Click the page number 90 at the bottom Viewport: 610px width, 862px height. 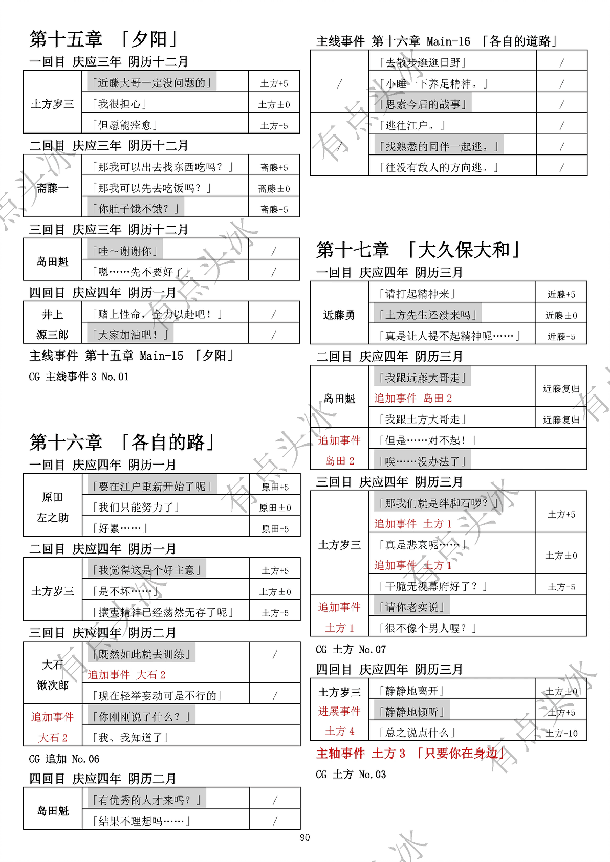pos(304,837)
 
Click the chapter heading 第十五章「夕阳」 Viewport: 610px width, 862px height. pos(104,39)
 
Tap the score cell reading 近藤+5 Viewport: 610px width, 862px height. pos(561,294)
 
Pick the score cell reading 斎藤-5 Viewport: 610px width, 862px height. pos(274,209)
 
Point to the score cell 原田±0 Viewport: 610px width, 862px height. pos(275,507)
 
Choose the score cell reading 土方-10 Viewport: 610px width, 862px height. pos(561,733)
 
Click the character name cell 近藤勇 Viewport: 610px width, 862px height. pos(339,315)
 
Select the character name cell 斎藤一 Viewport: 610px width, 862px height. pos(52,188)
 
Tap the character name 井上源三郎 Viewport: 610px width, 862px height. pos(52,324)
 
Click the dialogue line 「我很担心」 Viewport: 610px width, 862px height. pos(119,104)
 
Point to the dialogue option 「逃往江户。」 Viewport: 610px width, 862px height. pos(412,125)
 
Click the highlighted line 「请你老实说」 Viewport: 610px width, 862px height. pos(412,607)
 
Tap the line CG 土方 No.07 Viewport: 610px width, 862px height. pos(351,650)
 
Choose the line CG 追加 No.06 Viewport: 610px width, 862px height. pos(64,759)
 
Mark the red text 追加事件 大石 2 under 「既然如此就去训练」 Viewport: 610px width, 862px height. pos(126,675)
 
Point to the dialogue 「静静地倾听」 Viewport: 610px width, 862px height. pos(412,712)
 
